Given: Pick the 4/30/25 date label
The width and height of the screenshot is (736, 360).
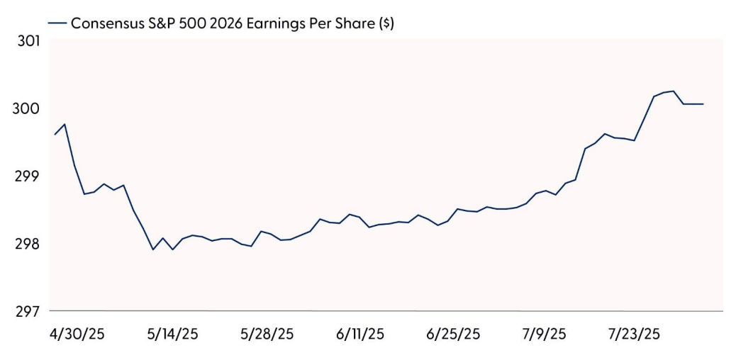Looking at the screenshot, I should [x=78, y=334].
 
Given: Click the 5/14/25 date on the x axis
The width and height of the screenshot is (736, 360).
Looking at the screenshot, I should [x=172, y=334].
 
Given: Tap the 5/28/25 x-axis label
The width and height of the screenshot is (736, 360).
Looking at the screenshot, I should [x=267, y=334].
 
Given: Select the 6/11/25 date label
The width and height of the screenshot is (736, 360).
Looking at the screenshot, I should [x=359, y=334].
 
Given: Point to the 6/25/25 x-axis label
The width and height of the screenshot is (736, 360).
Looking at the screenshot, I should [x=454, y=334].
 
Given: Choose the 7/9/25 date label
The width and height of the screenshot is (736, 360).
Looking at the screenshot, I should [x=544, y=334].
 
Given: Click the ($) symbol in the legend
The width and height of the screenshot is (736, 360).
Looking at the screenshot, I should [x=386, y=23].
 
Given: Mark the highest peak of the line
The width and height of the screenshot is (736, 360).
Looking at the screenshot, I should [x=672, y=91].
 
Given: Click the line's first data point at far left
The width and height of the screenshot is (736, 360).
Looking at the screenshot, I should [x=55, y=134].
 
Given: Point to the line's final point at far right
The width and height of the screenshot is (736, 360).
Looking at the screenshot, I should [x=702, y=104].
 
